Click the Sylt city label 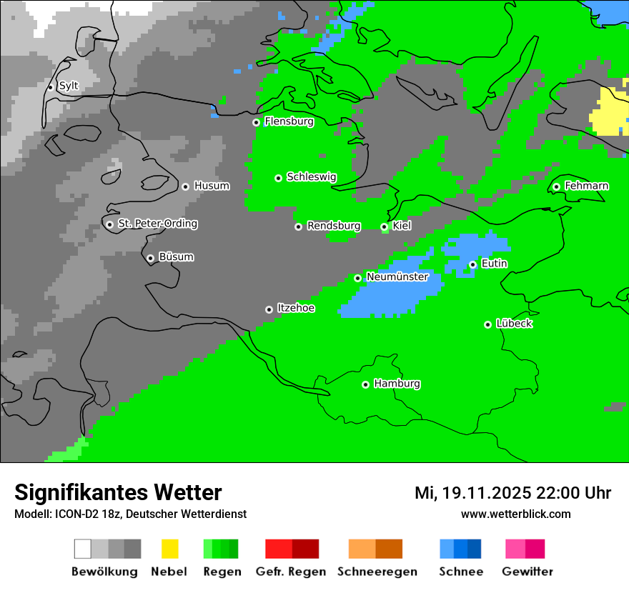click(x=69, y=86)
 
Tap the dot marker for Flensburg click(x=256, y=122)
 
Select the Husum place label click(x=212, y=186)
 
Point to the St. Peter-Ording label click(x=157, y=224)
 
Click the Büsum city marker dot click(x=150, y=258)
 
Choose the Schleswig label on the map click(x=311, y=176)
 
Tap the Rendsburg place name click(x=334, y=226)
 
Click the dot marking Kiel click(x=384, y=226)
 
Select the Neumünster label click(x=397, y=276)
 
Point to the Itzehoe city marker click(x=269, y=309)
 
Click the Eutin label click(x=494, y=264)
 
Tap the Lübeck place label click(x=514, y=324)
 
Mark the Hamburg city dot click(x=365, y=384)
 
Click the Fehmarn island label click(x=586, y=186)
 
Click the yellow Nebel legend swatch click(x=169, y=549)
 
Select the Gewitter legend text click(x=528, y=572)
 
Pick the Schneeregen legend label click(x=377, y=572)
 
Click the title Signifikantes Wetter click(x=118, y=492)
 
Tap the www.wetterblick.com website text click(x=515, y=514)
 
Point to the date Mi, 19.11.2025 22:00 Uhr click(x=512, y=493)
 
